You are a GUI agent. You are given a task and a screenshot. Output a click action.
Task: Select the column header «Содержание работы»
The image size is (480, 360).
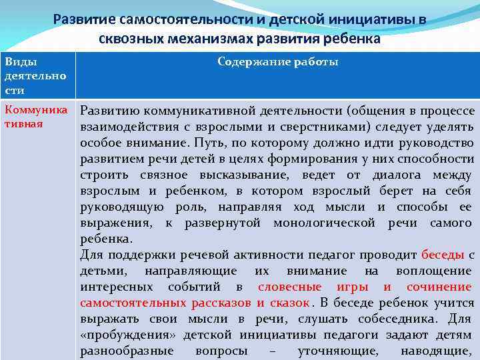coord(277,62)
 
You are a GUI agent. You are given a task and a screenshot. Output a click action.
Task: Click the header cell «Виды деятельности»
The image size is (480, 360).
coord(35,75)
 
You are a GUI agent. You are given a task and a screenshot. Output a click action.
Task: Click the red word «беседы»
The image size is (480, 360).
coord(443,255)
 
